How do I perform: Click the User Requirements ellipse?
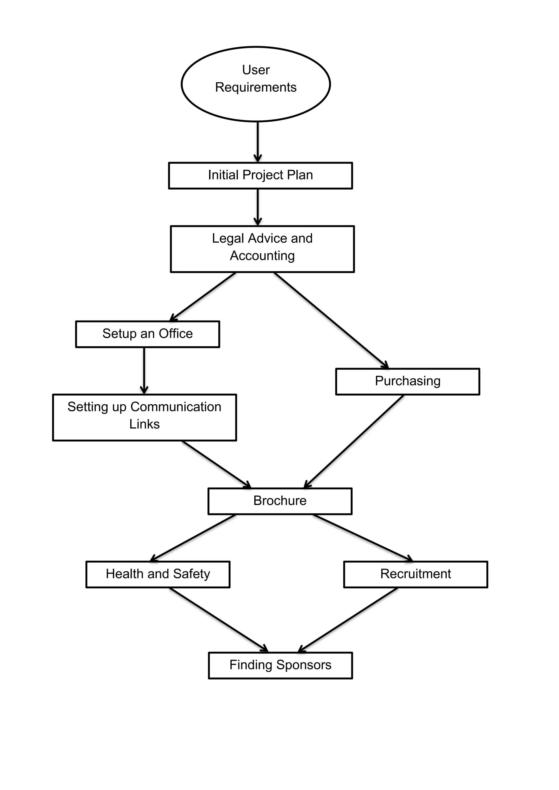(256, 84)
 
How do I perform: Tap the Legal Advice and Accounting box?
(262, 249)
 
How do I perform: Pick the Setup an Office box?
(147, 334)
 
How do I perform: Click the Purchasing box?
(408, 382)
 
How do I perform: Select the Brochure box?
(280, 501)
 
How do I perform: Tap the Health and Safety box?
(158, 574)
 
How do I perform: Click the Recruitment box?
(415, 574)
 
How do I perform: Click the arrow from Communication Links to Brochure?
(216, 464)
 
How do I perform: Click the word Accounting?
(262, 256)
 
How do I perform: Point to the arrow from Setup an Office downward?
(144, 370)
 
